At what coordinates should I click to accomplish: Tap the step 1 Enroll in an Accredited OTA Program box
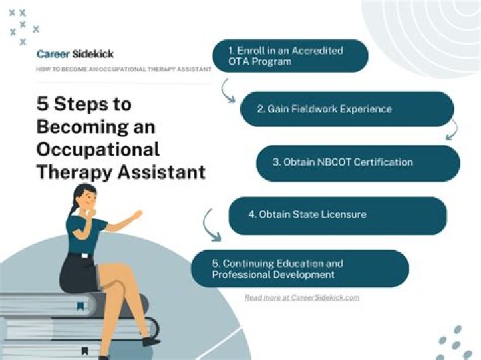pyautogui.click(x=290, y=56)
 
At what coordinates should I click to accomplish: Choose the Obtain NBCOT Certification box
pyautogui.click(x=357, y=162)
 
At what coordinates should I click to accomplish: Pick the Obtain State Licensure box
pyautogui.click(x=337, y=215)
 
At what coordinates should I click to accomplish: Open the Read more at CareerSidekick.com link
pyautogui.click(x=301, y=297)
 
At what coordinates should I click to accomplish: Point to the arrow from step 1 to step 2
pyautogui.click(x=228, y=90)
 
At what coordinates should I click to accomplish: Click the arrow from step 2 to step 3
pyautogui.click(x=452, y=130)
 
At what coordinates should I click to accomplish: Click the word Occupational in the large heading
pyautogui.click(x=98, y=148)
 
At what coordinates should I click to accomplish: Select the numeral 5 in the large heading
pyautogui.click(x=43, y=105)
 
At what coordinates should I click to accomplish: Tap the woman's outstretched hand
pyautogui.click(x=136, y=216)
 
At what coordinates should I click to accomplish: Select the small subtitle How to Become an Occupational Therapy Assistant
pyautogui.click(x=124, y=69)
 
